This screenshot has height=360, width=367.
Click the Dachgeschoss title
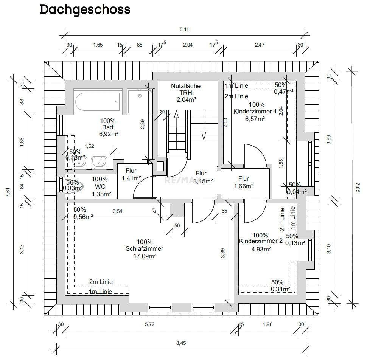click(x=85, y=10)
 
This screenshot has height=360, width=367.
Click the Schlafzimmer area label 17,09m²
click(x=145, y=256)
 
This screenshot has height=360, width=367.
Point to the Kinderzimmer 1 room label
click(x=255, y=112)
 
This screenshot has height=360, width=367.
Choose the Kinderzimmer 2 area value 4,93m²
click(x=261, y=249)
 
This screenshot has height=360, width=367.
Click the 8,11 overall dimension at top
click(x=184, y=30)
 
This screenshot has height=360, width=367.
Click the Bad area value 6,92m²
click(x=107, y=134)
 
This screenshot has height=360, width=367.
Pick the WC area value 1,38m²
click(x=102, y=194)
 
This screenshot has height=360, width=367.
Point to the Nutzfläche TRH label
click(x=186, y=89)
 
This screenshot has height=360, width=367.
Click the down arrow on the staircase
click(x=204, y=135)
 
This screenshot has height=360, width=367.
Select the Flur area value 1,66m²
click(x=244, y=186)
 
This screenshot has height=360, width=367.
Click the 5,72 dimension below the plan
click(x=149, y=324)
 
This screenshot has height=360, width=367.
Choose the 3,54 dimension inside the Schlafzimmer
click(x=117, y=211)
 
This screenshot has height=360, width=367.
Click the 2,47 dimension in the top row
click(x=260, y=45)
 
